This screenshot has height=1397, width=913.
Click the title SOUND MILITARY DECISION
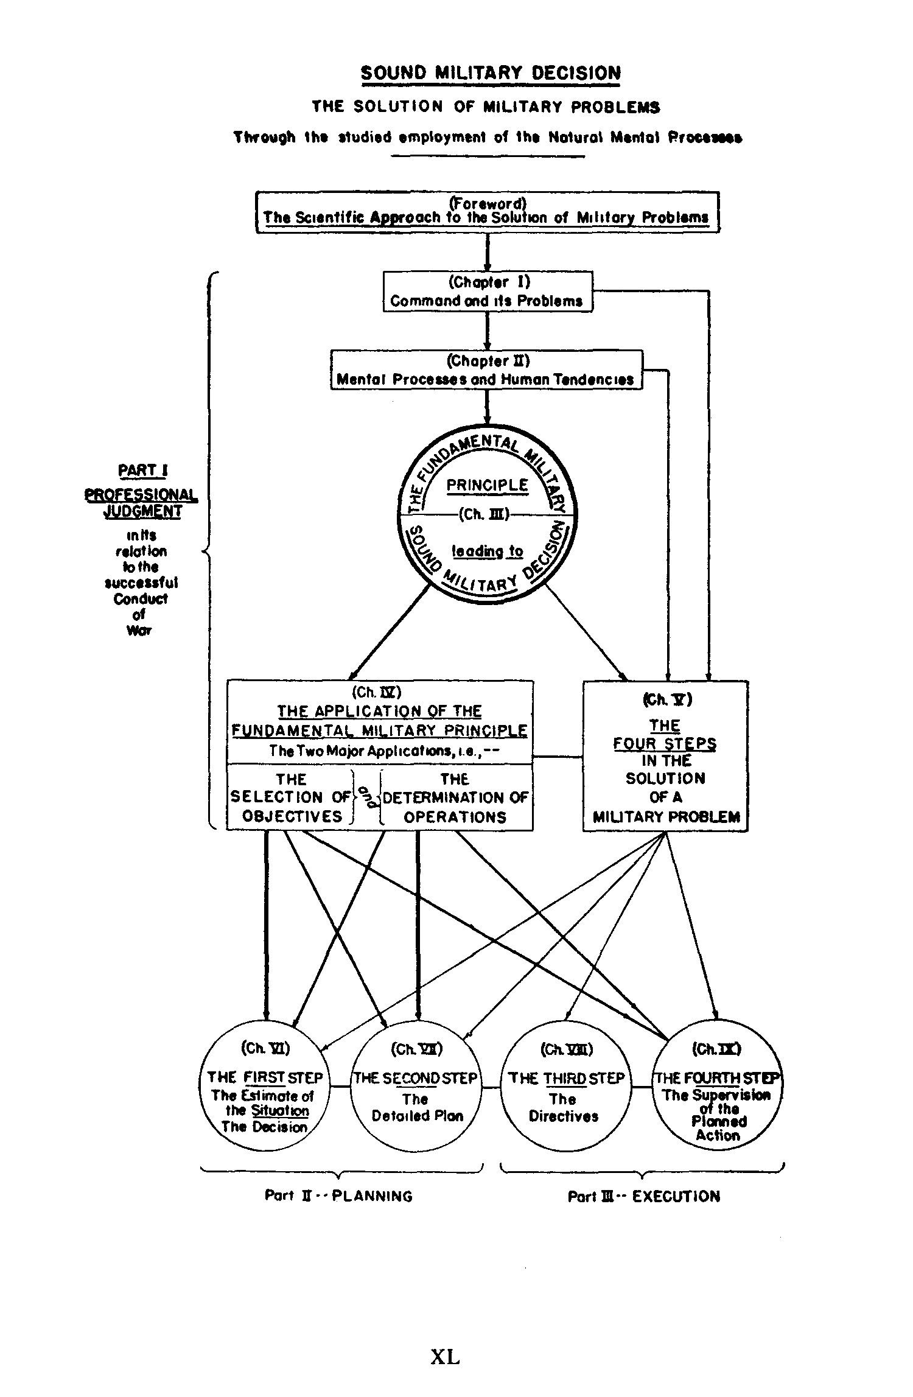(x=491, y=73)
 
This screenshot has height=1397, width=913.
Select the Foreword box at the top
(x=487, y=211)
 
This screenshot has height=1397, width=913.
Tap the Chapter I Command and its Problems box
(x=487, y=292)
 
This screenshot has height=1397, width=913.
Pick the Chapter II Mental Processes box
(x=486, y=370)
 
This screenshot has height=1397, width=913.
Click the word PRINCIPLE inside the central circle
(x=487, y=486)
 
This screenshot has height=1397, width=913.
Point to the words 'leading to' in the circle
(x=487, y=551)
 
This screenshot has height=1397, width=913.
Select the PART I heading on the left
(x=143, y=471)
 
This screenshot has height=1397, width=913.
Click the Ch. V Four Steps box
(x=665, y=756)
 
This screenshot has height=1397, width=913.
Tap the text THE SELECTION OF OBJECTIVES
(x=291, y=797)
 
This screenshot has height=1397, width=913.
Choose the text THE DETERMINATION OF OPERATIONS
(x=455, y=797)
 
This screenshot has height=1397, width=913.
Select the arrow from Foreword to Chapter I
(x=488, y=252)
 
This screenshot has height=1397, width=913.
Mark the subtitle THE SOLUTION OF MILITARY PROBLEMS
(x=486, y=107)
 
